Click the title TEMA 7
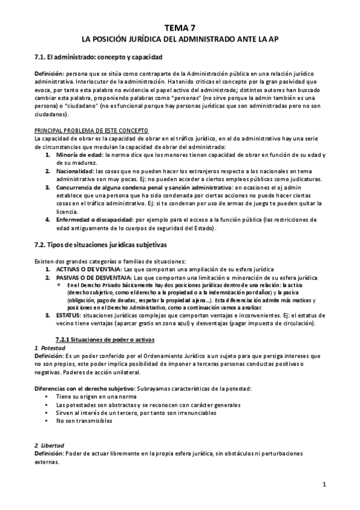180,27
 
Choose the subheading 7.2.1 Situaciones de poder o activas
102,339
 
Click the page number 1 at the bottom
323,484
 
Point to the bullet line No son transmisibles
84,421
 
